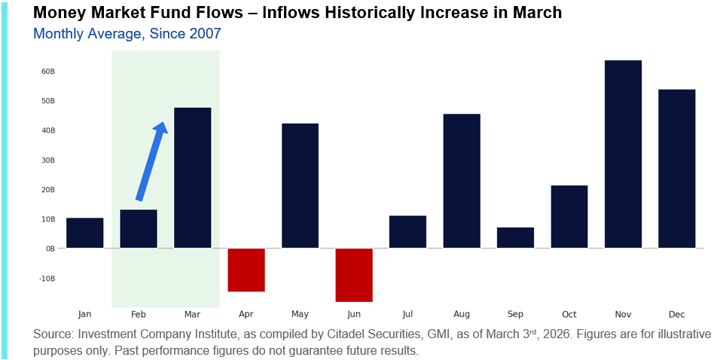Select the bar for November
point(623,154)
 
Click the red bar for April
point(246,270)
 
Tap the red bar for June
point(354,275)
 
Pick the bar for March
point(192,178)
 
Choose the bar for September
point(515,238)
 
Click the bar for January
point(84,233)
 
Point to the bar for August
point(462,181)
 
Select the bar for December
point(676,169)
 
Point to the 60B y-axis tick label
point(48,72)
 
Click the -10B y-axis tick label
point(47,279)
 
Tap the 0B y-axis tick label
point(50,249)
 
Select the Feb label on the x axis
point(139,314)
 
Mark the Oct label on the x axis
point(569,314)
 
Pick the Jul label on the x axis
point(407,314)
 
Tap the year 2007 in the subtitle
point(204,34)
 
